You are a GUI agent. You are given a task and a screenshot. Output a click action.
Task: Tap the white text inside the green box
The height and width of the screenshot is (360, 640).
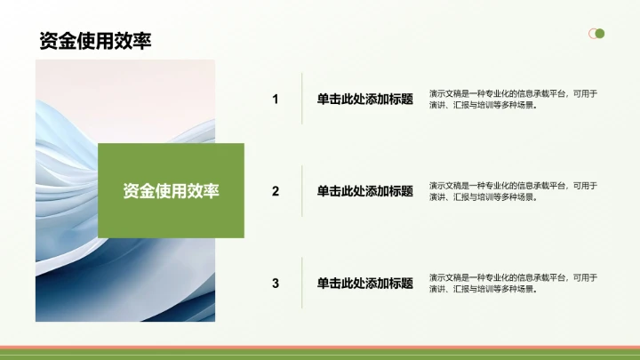click(x=171, y=190)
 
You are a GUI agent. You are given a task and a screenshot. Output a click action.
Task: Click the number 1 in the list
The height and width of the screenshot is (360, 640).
click(x=276, y=99)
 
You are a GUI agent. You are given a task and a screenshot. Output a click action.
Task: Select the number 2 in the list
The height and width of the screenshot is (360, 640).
click(x=276, y=190)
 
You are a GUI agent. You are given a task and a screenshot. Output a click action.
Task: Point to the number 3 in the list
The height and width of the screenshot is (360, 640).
click(x=276, y=283)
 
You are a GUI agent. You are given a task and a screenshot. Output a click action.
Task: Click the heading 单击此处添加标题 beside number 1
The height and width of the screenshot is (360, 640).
click(x=364, y=99)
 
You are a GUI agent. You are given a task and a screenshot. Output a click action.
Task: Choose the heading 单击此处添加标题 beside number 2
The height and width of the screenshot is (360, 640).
click(x=364, y=190)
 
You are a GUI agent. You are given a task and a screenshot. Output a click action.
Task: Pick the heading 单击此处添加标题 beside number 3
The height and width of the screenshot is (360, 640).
click(x=364, y=283)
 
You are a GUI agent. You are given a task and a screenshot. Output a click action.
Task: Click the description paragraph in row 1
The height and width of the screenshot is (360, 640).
click(x=513, y=99)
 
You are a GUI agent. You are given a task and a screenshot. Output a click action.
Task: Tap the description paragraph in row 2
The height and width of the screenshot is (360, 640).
click(x=513, y=191)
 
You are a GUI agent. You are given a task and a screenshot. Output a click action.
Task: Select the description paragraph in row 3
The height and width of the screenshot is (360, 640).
click(x=513, y=283)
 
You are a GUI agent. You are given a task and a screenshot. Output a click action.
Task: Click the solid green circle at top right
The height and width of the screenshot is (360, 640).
click(x=600, y=34)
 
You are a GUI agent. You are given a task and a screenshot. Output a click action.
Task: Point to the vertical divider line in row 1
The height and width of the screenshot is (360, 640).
click(x=302, y=99)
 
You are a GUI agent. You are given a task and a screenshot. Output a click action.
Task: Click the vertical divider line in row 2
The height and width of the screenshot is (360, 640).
click(x=302, y=190)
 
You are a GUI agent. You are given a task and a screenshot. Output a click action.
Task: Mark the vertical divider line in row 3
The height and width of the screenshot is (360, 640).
click(x=302, y=283)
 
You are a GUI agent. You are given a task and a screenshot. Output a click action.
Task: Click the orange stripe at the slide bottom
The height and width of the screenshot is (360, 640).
click(x=320, y=348)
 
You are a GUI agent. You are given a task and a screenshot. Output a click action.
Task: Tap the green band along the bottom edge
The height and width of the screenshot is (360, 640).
click(x=320, y=355)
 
